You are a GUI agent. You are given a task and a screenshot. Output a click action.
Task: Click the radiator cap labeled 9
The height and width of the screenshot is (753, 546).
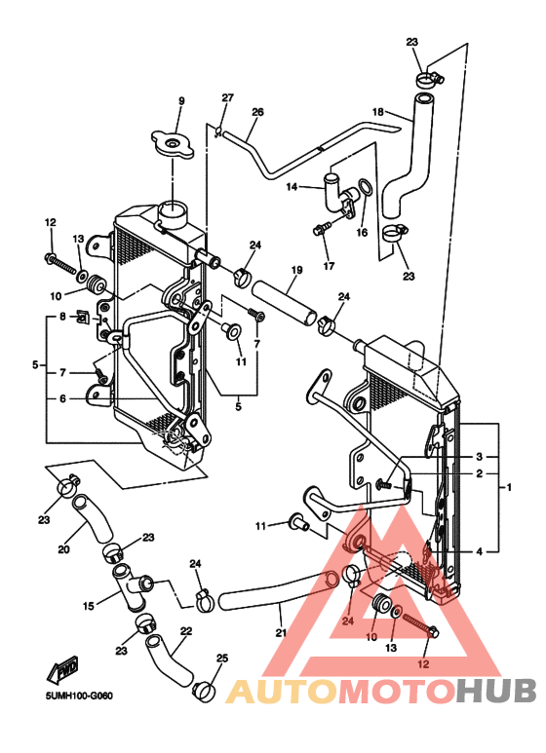coord(173,143)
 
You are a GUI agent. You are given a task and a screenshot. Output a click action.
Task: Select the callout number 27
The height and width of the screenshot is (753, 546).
coord(227,97)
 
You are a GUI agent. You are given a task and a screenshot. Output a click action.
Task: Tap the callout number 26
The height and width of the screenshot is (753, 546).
coord(257,112)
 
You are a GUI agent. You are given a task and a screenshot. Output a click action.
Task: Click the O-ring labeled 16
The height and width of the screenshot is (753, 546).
coord(366,188)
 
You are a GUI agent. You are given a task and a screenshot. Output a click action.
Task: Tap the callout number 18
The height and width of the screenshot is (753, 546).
coord(378,112)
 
